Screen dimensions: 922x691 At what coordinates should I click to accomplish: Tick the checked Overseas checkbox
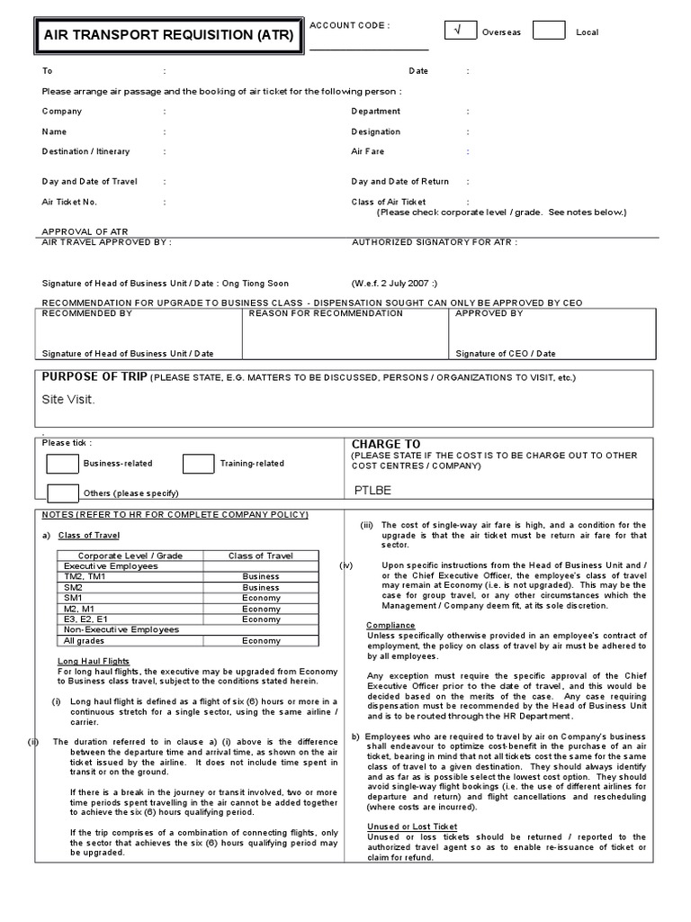click(460, 32)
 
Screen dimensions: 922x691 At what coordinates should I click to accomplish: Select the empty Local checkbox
click(548, 32)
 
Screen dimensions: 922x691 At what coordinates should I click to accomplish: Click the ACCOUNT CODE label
click(349, 25)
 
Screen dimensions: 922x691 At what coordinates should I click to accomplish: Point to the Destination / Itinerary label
click(85, 152)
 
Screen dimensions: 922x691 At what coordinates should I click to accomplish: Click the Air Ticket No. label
click(69, 202)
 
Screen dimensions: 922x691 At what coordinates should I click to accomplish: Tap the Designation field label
click(375, 131)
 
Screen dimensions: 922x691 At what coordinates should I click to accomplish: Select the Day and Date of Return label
click(399, 181)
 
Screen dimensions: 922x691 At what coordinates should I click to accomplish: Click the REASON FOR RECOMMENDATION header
click(326, 313)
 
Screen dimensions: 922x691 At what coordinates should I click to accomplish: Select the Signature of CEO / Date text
click(506, 354)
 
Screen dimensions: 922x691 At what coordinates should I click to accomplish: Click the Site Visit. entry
click(68, 399)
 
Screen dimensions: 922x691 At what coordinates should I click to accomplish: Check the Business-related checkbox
click(62, 464)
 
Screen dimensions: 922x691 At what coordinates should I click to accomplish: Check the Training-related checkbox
click(198, 464)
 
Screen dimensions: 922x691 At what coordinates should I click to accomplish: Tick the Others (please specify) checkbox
click(62, 493)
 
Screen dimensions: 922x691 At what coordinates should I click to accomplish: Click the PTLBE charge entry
click(374, 492)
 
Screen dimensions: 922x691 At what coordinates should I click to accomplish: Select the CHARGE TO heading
click(386, 444)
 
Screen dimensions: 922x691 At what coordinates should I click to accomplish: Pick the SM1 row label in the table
click(73, 598)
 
